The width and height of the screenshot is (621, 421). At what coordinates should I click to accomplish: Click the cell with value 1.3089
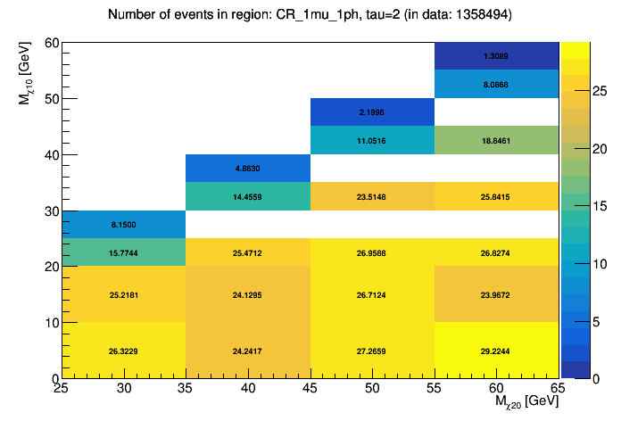496,56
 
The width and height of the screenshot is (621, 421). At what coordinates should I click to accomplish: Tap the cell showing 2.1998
372,112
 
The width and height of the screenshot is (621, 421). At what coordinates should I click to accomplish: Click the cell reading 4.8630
247,168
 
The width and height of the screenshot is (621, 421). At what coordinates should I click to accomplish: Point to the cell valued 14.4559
247,196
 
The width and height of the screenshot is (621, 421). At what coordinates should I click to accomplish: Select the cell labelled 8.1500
123,225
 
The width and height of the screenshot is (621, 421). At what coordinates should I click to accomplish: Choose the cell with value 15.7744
123,252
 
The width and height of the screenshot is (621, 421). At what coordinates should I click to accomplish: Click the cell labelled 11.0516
372,140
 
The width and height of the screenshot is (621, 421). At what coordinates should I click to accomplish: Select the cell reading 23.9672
496,294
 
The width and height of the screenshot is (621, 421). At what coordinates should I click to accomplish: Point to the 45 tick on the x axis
310,388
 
